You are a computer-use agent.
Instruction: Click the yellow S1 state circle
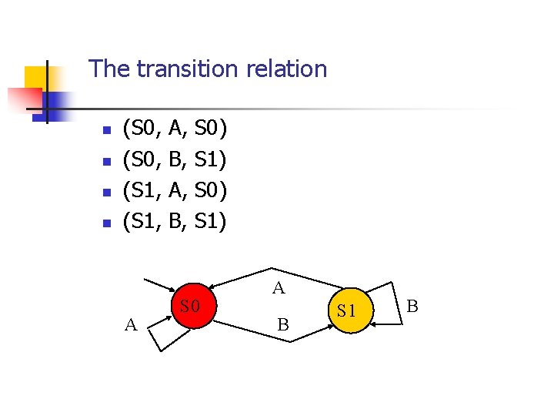pos(346,310)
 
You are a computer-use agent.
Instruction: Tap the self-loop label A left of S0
pos(131,324)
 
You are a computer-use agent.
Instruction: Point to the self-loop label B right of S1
pos(412,306)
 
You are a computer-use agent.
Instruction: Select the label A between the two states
pos(279,289)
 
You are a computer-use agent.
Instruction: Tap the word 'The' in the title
pos(109,69)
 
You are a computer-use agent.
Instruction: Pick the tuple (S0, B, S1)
pos(175,159)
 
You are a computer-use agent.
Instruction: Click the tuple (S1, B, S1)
pos(175,223)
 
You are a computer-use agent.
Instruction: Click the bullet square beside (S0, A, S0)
pos(108,130)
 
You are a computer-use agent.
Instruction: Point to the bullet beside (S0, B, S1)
pos(108,162)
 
